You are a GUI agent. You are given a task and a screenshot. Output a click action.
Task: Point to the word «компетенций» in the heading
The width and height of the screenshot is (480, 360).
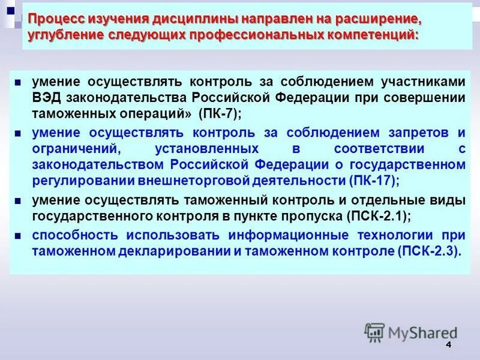(x=370, y=35)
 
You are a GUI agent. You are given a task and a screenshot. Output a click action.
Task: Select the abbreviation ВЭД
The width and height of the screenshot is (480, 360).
(x=46, y=98)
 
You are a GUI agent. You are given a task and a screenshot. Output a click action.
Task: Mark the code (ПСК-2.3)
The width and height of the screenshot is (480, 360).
(x=429, y=251)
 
